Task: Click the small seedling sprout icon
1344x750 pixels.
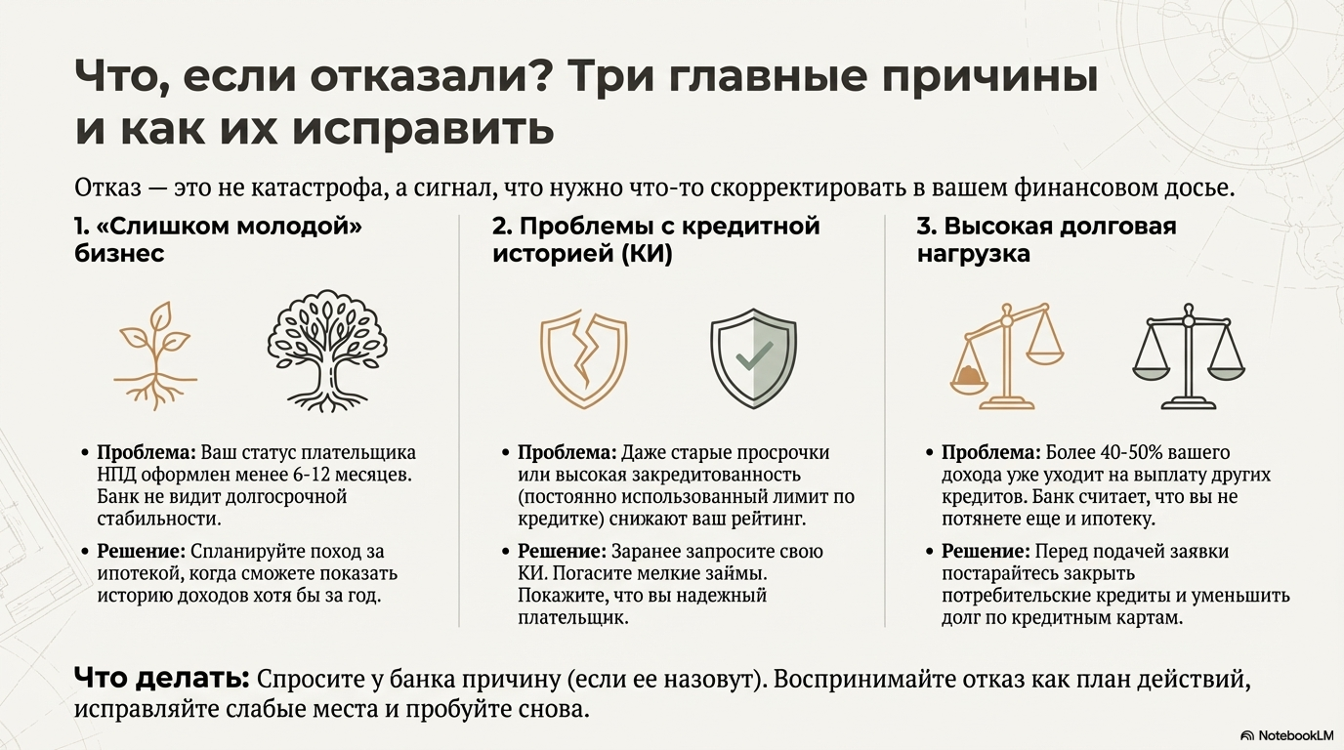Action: pos(155,354)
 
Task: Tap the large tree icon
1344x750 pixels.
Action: pos(327,354)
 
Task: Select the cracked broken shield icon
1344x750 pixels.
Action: pos(583,356)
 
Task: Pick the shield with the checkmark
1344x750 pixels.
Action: pos(754,357)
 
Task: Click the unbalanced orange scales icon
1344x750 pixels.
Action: pos(1006,355)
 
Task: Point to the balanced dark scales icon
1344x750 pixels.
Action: pos(1188,355)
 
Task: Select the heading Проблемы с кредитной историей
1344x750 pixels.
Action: pos(655,240)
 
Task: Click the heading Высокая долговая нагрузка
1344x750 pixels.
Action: pos(1046,240)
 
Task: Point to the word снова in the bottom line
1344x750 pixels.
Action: pos(554,708)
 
